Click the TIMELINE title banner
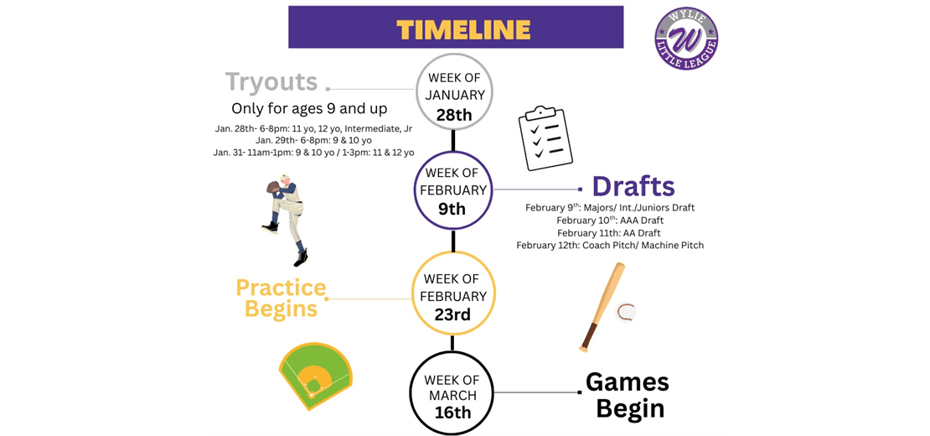[456, 28]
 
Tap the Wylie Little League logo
[686, 39]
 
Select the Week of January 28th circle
[455, 93]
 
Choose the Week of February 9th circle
[452, 189]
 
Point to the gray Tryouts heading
[271, 82]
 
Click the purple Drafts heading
[633, 186]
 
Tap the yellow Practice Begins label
[281, 298]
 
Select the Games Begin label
[628, 395]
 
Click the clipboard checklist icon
[545, 138]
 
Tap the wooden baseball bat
[602, 307]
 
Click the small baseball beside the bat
[625, 312]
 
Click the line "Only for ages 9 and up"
[309, 109]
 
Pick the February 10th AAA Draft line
[609, 221]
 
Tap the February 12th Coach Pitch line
[610, 246]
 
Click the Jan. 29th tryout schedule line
[313, 140]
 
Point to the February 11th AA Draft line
[609, 233]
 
